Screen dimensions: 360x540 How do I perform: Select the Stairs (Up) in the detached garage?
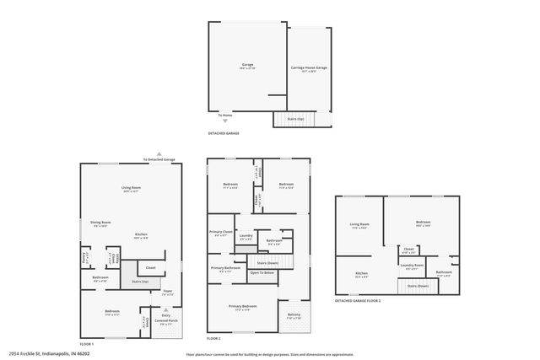[x=295, y=118]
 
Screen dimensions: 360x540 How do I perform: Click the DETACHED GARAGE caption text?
[x=224, y=133]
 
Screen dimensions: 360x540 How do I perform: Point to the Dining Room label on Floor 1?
[x=101, y=223]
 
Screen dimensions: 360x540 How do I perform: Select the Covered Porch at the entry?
[x=165, y=322]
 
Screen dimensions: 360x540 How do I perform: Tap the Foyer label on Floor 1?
[x=167, y=293]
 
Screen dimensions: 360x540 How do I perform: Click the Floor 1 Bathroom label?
[x=100, y=278]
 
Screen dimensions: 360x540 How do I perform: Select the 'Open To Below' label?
[x=262, y=272]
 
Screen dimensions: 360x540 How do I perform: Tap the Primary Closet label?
[x=220, y=234]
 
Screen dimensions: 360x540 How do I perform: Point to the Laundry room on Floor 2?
[x=246, y=239]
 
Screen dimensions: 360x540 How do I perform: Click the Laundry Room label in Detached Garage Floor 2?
[x=412, y=266]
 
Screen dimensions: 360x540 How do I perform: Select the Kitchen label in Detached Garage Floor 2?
[x=361, y=273]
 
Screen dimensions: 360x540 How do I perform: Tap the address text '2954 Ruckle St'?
[x=41, y=354]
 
